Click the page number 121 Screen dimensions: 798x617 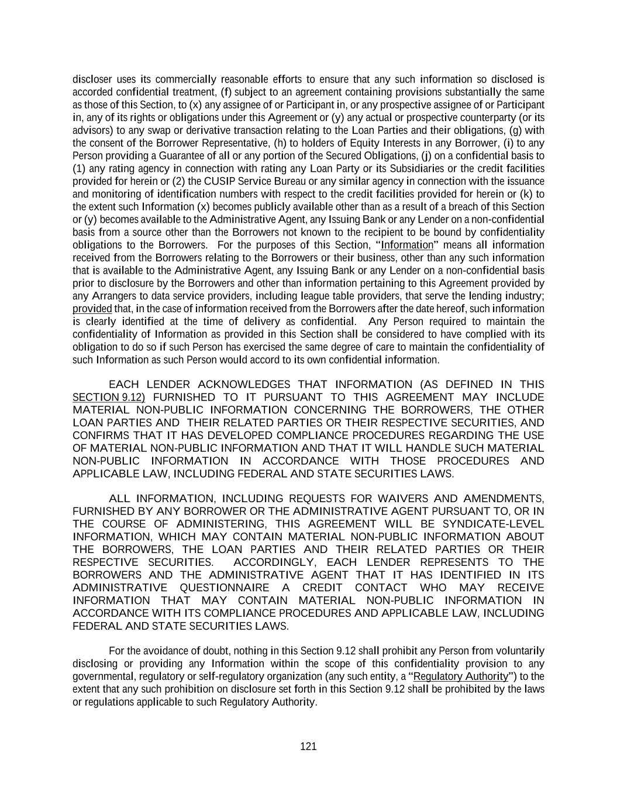[x=308, y=746]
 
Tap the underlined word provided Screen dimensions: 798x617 [x=92, y=309]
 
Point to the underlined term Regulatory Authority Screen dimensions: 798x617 [x=461, y=676]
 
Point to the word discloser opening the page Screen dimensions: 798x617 [x=92, y=80]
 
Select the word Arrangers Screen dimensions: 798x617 [x=113, y=296]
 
